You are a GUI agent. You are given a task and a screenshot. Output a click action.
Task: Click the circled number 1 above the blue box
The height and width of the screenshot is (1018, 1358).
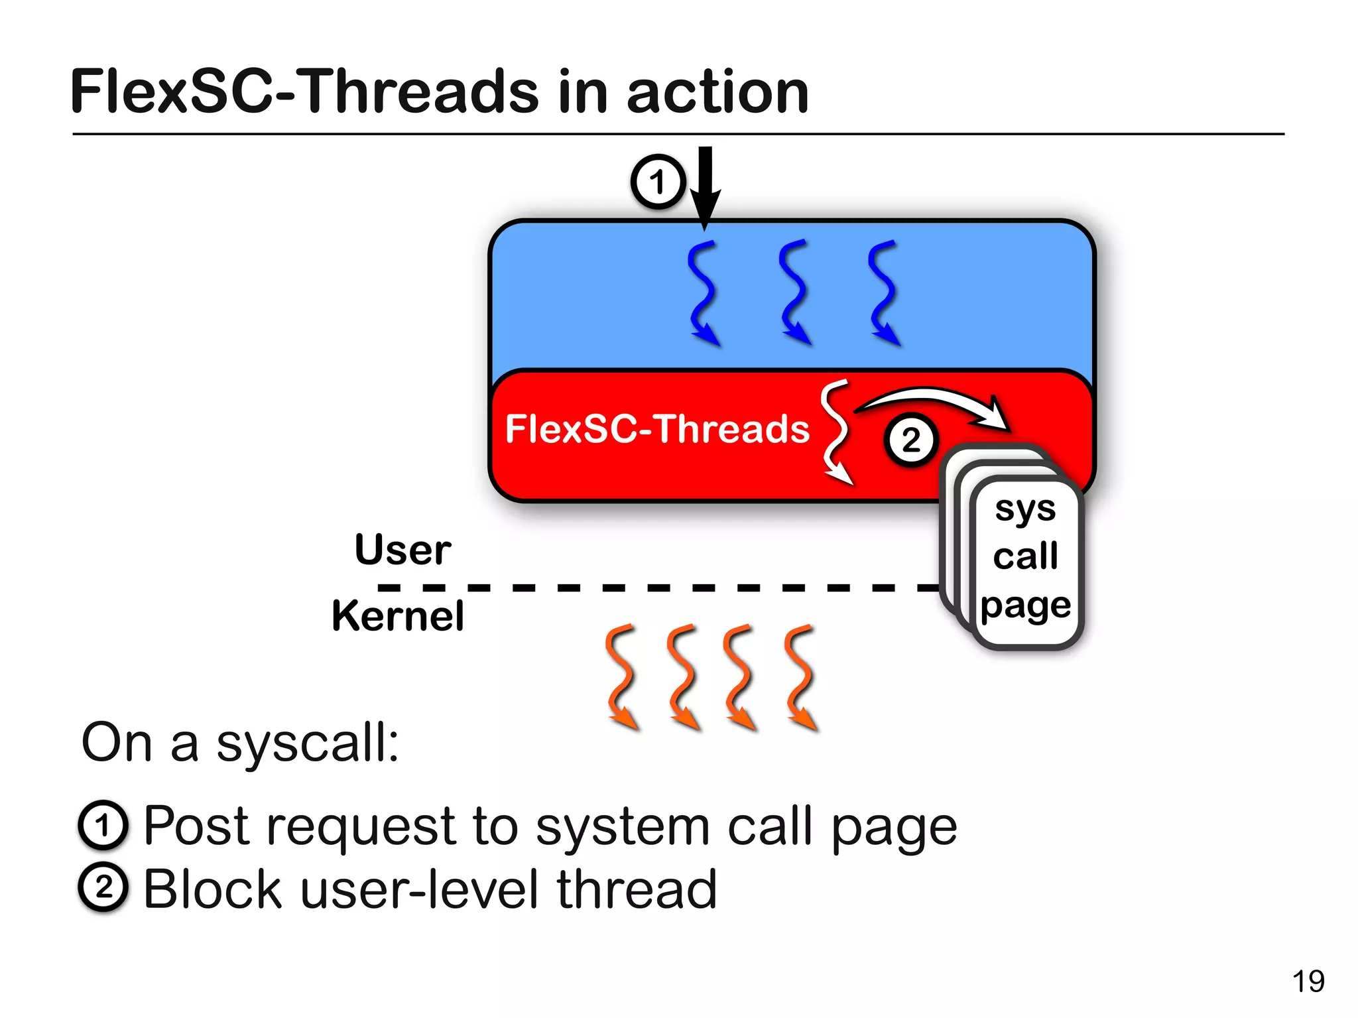657,182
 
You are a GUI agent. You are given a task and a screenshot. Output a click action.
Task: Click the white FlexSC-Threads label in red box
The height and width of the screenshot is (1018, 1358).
656,428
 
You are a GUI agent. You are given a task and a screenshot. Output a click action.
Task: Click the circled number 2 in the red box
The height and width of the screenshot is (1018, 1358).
911,440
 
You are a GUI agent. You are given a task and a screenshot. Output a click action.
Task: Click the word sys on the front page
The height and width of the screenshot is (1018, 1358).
1025,509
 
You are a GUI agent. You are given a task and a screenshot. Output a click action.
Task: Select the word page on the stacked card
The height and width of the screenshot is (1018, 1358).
1025,605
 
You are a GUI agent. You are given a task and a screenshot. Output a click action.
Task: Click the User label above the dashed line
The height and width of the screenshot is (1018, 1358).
402,550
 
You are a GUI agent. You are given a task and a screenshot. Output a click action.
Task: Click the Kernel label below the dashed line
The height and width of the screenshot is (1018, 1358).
398,615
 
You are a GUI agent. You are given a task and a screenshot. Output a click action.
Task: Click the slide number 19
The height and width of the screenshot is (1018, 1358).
1308,981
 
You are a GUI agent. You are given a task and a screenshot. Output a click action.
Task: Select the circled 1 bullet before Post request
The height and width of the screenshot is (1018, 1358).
102,826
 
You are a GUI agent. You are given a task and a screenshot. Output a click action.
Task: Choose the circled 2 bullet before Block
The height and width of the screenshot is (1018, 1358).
102,887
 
